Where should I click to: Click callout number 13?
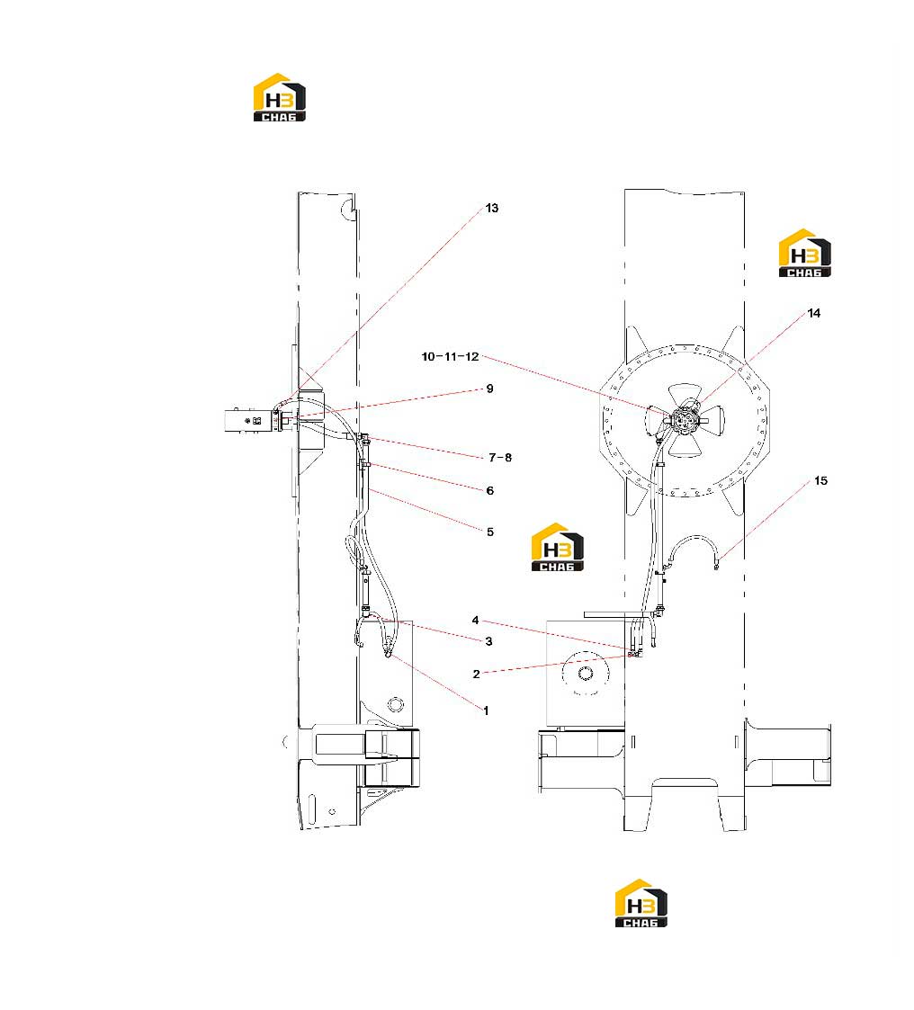[x=491, y=208]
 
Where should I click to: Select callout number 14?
[x=814, y=313]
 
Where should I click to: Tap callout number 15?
[x=820, y=480]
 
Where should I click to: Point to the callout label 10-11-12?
[x=450, y=356]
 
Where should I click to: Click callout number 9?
[x=490, y=389]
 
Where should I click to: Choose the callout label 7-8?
[x=500, y=458]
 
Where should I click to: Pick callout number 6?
[x=490, y=491]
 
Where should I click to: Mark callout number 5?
[x=490, y=532]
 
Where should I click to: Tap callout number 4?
[x=475, y=621]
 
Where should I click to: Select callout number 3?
[x=488, y=641]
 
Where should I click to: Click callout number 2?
[x=476, y=675]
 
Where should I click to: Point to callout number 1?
[x=486, y=711]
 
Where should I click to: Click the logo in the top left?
[x=280, y=97]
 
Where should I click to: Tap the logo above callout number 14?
[x=804, y=253]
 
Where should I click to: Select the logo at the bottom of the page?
[x=641, y=903]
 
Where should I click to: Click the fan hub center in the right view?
[x=684, y=420]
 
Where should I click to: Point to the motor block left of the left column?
[x=252, y=421]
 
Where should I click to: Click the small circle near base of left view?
[x=396, y=703]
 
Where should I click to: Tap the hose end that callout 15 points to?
[x=716, y=567]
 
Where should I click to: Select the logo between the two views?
[x=557, y=547]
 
